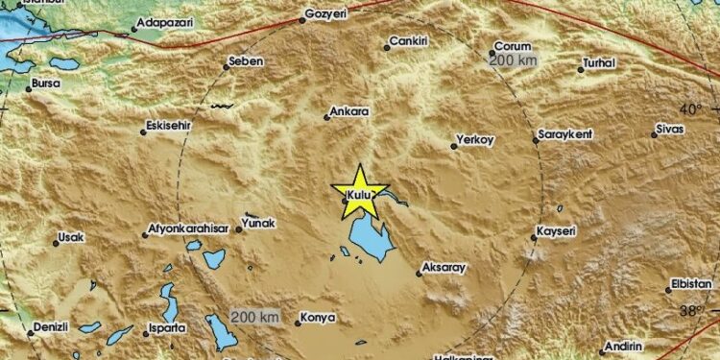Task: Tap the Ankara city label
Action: [348, 112]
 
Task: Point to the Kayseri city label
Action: [557, 231]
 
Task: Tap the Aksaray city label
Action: [444, 267]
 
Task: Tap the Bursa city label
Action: [45, 84]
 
